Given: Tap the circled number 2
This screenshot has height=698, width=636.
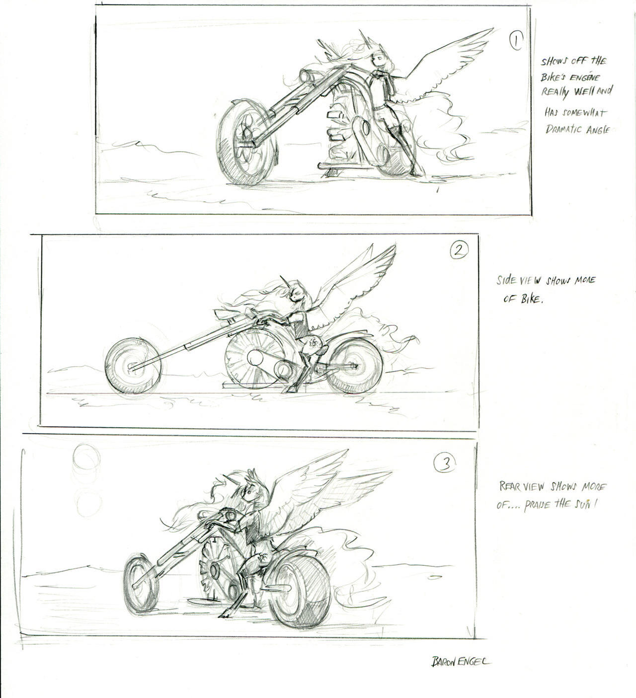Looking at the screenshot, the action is (459, 250).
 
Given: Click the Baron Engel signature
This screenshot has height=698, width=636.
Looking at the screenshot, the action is (460, 661).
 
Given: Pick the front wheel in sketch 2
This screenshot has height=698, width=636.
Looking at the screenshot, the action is (133, 366).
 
